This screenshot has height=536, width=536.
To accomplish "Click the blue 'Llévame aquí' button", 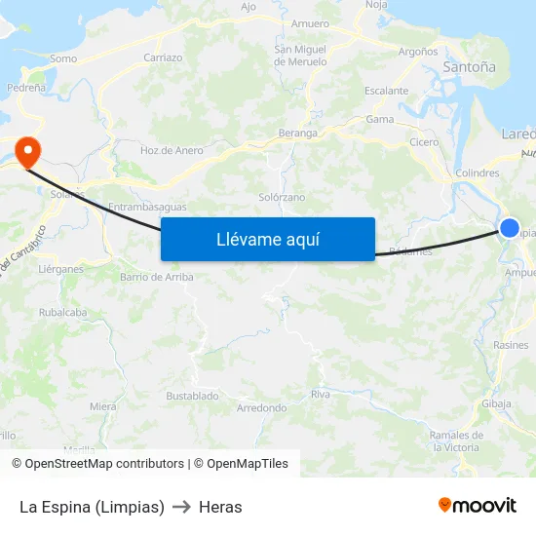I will (268, 239).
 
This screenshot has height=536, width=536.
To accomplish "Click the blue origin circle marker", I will (510, 228).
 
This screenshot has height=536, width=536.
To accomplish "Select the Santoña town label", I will (469, 68).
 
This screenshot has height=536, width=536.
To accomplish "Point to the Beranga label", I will (298, 133).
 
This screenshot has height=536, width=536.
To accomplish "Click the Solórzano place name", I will (282, 197).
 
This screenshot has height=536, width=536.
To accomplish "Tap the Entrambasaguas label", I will (146, 207).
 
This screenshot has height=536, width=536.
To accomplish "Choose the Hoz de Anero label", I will (172, 150).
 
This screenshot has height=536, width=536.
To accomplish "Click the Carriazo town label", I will (163, 57).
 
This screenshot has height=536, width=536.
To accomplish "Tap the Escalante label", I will (386, 91).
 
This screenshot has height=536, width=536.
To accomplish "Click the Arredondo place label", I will (261, 408).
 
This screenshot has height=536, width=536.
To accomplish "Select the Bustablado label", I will (192, 397).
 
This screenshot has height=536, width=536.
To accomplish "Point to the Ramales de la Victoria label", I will (455, 440).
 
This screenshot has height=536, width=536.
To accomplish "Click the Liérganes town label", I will (60, 269).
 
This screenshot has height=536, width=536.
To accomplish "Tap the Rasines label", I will (511, 345).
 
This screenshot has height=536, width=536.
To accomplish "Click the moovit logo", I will (478, 505).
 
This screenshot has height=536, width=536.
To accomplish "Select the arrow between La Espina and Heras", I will (181, 507).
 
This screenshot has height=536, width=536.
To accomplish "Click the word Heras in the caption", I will (220, 507).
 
